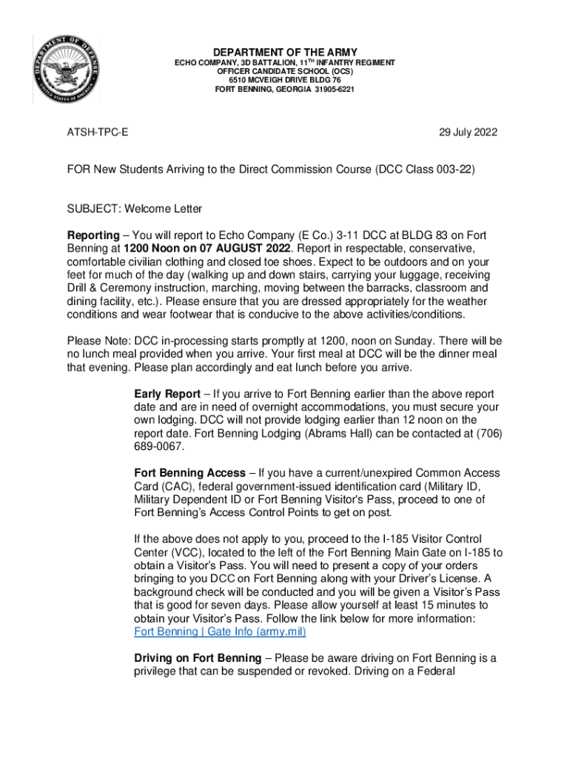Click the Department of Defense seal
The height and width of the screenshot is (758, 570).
click(65, 70)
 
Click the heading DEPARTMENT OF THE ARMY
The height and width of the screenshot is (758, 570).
click(285, 53)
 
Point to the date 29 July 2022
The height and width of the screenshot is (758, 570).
click(468, 133)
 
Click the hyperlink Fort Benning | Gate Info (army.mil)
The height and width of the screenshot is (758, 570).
click(220, 632)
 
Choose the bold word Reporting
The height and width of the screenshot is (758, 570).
click(93, 235)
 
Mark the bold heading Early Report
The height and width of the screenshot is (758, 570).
click(167, 394)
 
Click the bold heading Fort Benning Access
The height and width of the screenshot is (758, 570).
click(190, 472)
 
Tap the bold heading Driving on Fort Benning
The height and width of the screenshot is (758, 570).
click(198, 658)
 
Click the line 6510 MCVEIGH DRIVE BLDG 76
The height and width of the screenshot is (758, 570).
click(285, 81)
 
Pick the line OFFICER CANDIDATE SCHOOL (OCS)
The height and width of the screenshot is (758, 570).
click(285, 72)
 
